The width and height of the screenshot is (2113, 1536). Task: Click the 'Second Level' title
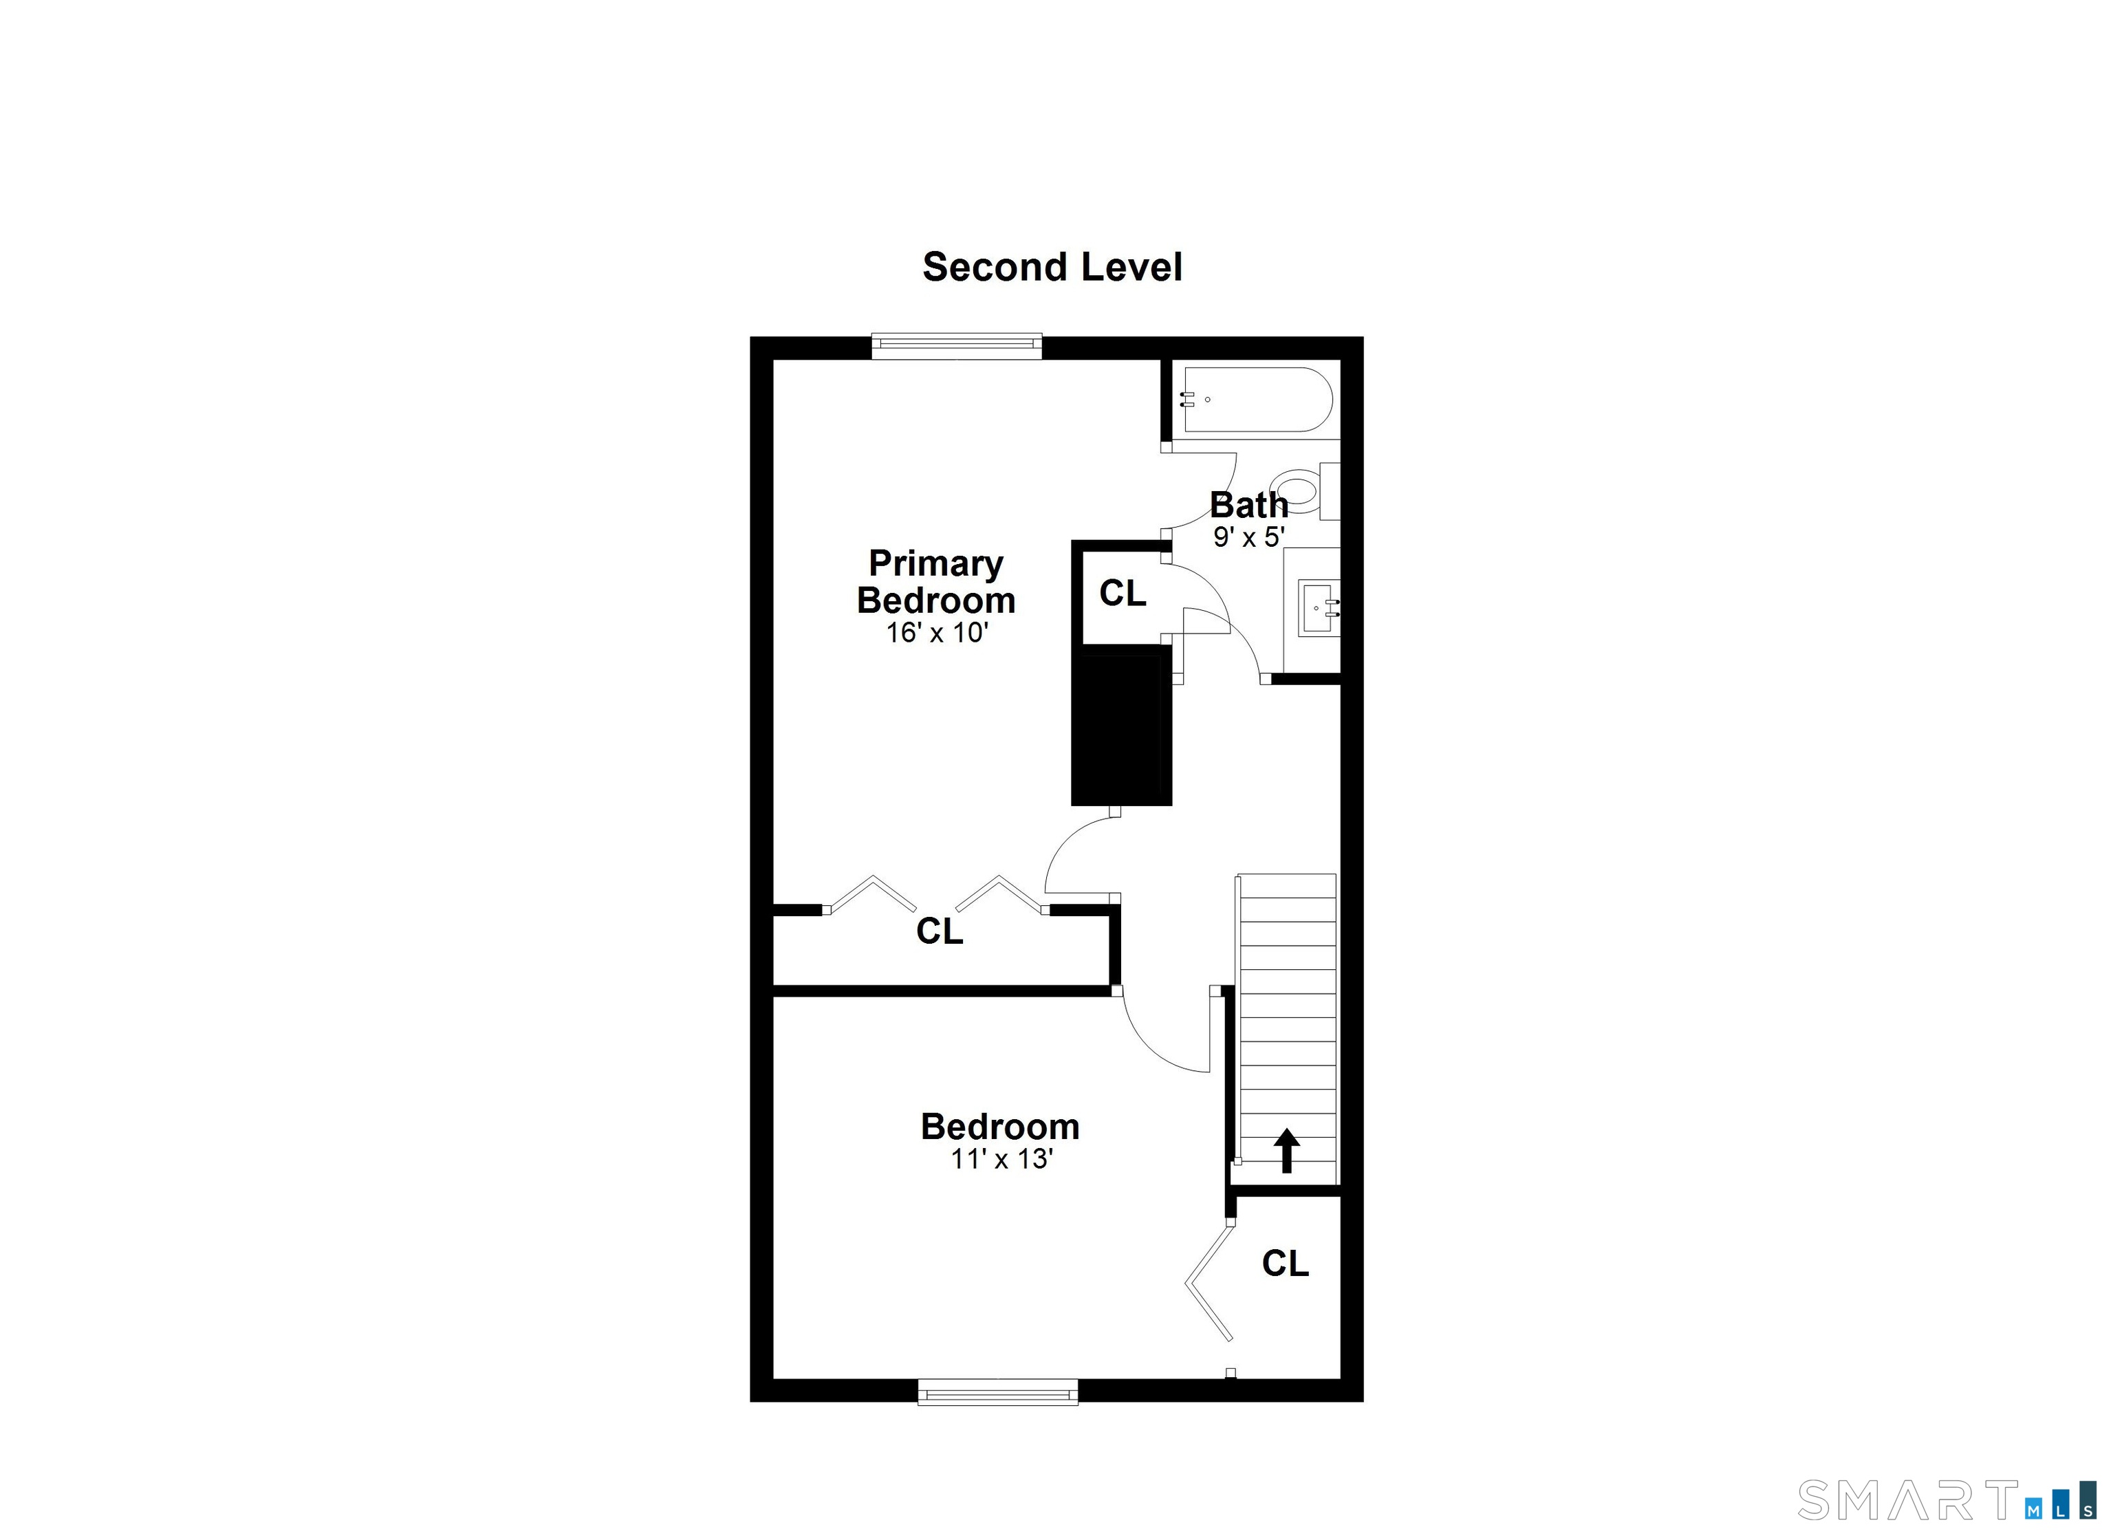(x=1052, y=268)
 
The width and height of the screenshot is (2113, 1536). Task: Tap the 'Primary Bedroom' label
(x=935, y=581)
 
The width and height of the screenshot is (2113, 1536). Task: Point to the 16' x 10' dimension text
(x=935, y=634)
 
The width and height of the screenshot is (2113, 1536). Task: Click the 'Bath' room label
(x=1248, y=505)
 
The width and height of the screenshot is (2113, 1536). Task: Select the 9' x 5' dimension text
(x=1248, y=537)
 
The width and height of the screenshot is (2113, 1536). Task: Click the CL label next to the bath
(x=1122, y=594)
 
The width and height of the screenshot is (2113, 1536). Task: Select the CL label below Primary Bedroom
(x=938, y=931)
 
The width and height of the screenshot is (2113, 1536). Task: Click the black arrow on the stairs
(x=1287, y=1149)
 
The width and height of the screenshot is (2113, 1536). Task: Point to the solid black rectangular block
(x=1120, y=728)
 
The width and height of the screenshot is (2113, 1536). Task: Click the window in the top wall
(x=956, y=345)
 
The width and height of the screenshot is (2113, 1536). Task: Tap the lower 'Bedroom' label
(x=999, y=1127)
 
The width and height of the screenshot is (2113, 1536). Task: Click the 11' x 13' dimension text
(x=1001, y=1160)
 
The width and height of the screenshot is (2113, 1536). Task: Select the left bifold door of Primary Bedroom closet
(x=873, y=894)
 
